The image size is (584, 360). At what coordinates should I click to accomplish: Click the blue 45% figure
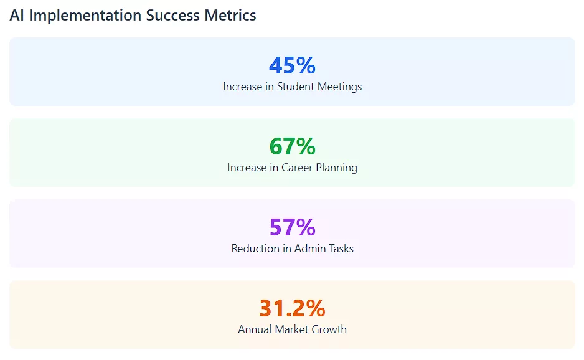click(x=292, y=65)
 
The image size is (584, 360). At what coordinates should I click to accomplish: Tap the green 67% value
click(x=292, y=146)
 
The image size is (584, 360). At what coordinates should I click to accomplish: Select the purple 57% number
click(x=292, y=227)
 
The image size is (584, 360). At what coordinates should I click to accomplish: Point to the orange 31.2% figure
click(x=292, y=308)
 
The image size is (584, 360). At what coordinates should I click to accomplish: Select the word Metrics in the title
click(x=230, y=16)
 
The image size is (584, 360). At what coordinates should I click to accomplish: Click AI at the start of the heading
click(x=17, y=16)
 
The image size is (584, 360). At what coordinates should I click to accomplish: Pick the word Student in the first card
click(x=296, y=87)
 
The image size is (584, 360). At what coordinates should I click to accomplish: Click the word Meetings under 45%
click(x=340, y=87)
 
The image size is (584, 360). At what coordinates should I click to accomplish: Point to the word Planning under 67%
click(x=337, y=168)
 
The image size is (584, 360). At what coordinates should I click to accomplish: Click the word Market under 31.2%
click(x=294, y=329)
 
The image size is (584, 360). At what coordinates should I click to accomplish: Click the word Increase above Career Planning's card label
click(x=247, y=168)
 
